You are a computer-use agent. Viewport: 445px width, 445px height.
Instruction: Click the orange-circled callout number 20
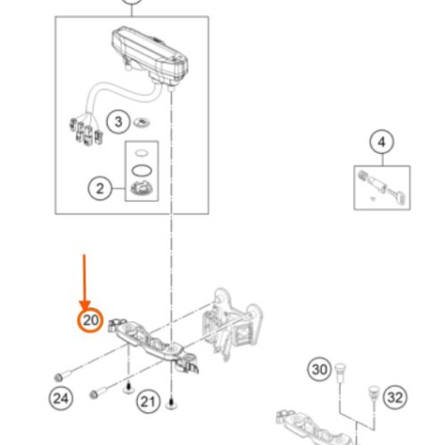click(x=90, y=320)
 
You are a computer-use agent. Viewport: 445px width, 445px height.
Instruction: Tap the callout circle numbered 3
click(x=118, y=122)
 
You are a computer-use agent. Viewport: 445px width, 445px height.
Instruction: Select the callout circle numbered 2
click(x=100, y=189)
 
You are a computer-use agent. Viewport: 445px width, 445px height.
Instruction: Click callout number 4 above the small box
click(x=382, y=142)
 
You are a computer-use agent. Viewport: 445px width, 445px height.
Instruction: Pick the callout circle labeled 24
click(x=61, y=398)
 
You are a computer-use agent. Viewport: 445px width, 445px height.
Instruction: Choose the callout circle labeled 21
click(x=148, y=401)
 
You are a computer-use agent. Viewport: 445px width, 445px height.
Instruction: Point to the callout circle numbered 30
click(x=320, y=369)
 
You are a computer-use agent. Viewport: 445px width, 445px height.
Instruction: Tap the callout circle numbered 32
click(x=395, y=397)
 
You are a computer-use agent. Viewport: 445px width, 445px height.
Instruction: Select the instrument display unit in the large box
click(x=150, y=56)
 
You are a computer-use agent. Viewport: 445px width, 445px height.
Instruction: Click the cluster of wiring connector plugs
click(x=86, y=132)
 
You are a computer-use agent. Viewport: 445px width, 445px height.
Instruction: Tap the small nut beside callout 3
click(x=142, y=122)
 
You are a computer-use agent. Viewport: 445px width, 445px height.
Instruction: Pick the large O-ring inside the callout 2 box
click(x=142, y=170)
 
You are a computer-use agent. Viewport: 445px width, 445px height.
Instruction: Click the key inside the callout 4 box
click(x=398, y=195)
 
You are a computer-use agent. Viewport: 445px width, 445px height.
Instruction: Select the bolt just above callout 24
click(x=64, y=375)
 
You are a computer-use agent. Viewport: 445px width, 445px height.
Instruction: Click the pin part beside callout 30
click(x=339, y=372)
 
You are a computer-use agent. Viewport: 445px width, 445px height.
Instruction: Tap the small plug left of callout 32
click(x=374, y=392)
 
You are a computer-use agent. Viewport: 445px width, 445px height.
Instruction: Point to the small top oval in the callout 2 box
click(x=142, y=153)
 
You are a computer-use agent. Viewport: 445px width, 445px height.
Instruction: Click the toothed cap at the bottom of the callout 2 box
click(x=142, y=189)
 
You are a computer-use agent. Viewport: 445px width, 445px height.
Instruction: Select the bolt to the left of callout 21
click(x=100, y=392)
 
